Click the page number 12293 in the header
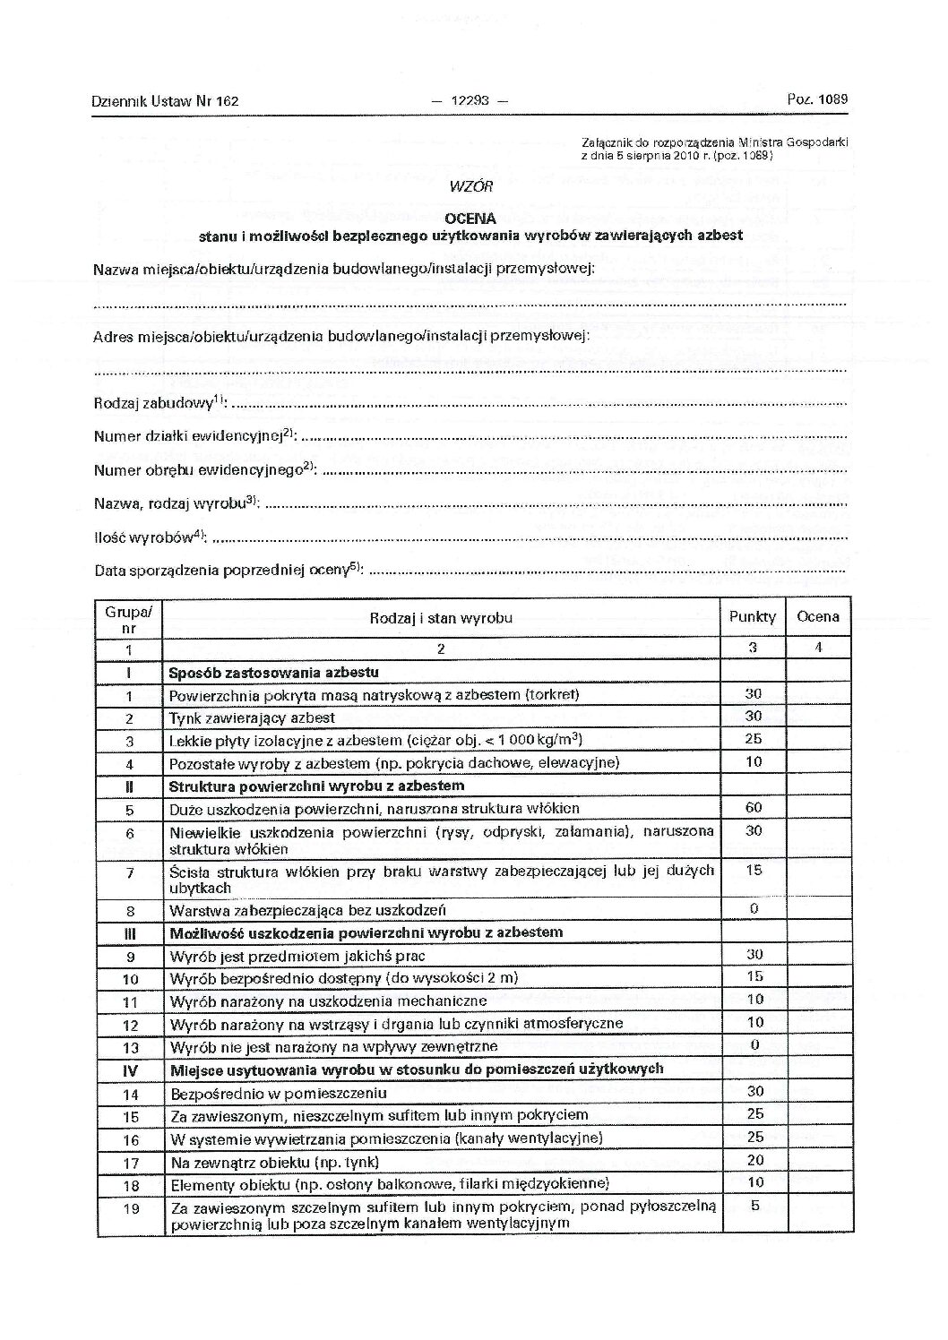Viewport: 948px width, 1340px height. coord(469,101)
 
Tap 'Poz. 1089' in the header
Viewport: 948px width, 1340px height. coord(817,100)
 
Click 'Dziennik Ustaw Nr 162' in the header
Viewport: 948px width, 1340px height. coord(165,102)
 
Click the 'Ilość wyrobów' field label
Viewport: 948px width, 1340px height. coord(150,538)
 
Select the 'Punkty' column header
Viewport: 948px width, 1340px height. coord(753,617)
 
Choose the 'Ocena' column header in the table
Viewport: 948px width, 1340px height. coord(818,616)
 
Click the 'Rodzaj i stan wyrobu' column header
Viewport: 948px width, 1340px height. coord(441,618)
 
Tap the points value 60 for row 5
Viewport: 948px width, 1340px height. coord(754,808)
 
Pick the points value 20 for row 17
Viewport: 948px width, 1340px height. coord(754,1161)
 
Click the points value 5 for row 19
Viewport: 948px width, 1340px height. coord(754,1206)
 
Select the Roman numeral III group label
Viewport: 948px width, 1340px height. coord(129,932)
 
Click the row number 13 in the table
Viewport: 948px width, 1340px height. coord(130,1047)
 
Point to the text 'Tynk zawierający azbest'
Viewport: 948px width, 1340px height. coord(252,717)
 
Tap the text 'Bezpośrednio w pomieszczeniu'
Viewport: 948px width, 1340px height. coord(278,1093)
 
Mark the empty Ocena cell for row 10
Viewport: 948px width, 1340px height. coord(818,977)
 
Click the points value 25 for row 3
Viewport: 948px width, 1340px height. coord(754,739)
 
